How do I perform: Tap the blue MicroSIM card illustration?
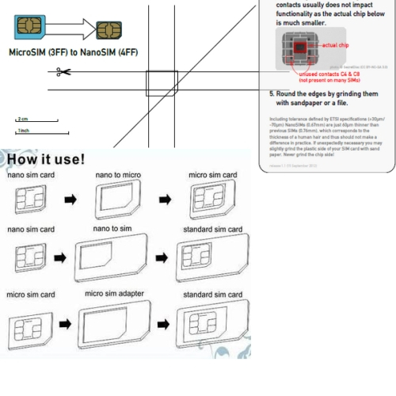click(30, 27)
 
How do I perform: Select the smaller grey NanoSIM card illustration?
click(109, 31)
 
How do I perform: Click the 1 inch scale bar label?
click(24, 129)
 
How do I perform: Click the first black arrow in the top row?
click(70, 200)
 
